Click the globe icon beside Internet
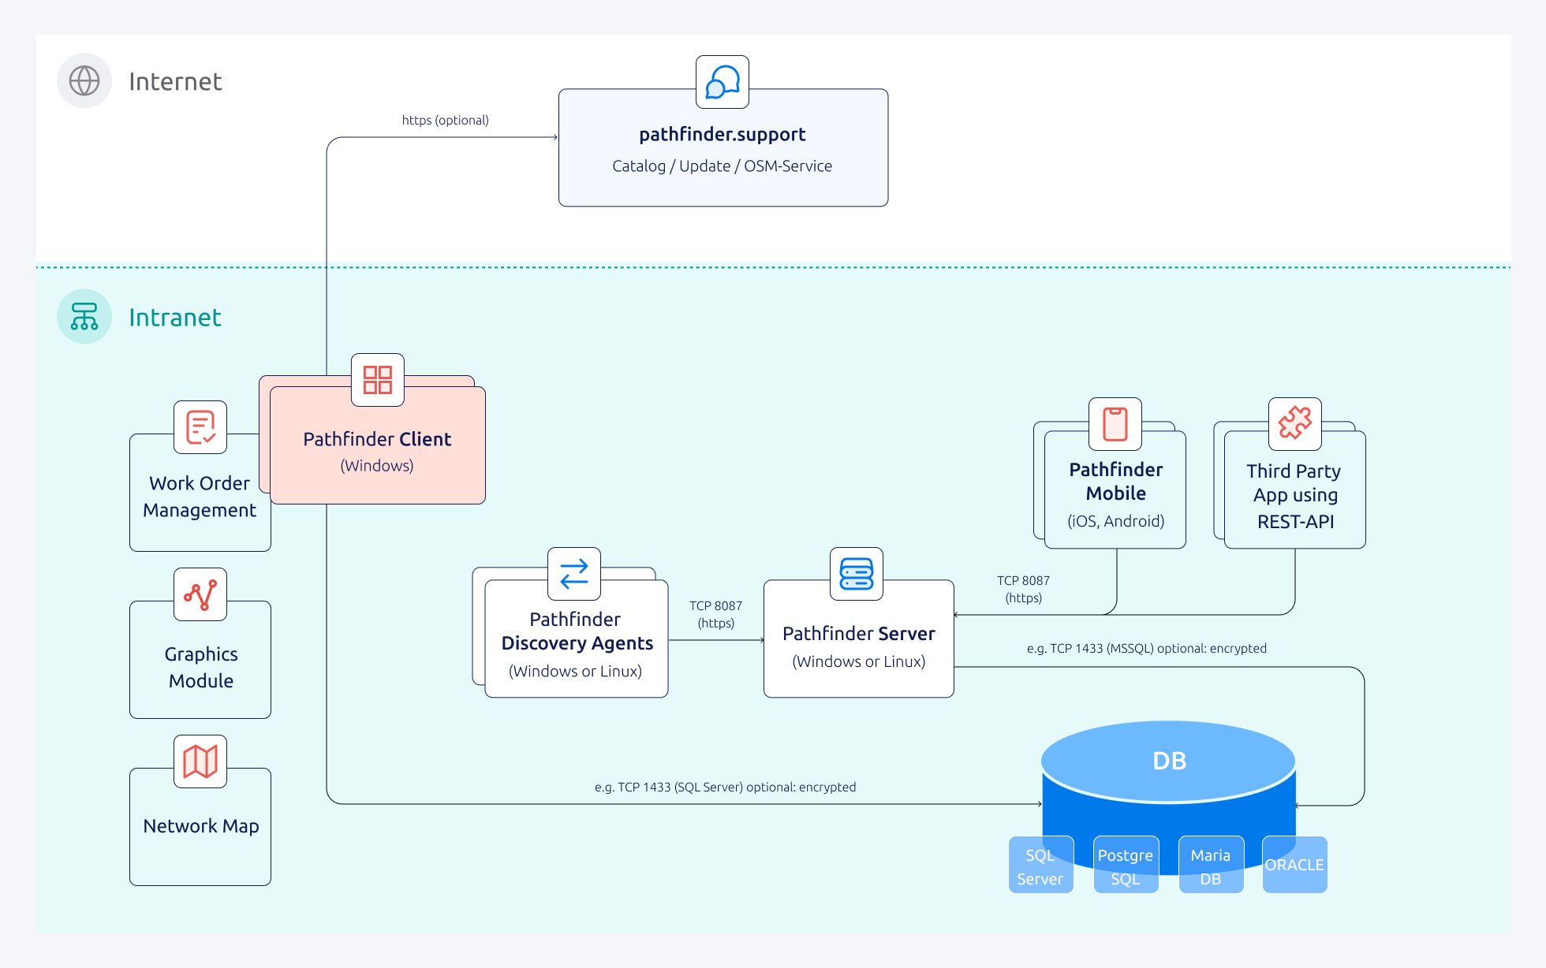tap(84, 80)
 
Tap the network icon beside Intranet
tap(84, 316)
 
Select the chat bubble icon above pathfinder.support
tap(723, 82)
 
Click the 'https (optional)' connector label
tap(445, 120)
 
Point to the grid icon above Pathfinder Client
tap(378, 380)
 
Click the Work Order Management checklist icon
tap(200, 427)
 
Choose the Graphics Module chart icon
tap(200, 594)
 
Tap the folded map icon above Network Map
tap(200, 761)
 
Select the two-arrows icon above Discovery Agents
tap(574, 574)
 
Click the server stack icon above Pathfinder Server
tap(857, 574)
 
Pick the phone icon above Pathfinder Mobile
tap(1115, 424)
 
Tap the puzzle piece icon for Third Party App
tap(1295, 424)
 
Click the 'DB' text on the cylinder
tap(1169, 761)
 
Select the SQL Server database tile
tap(1040, 866)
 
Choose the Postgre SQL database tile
tap(1126, 866)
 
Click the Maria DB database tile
tap(1211, 866)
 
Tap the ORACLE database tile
tap(1294, 865)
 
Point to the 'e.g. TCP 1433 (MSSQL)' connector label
tap(1146, 648)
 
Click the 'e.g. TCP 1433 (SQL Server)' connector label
tap(725, 787)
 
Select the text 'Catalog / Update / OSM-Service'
tap(723, 166)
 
